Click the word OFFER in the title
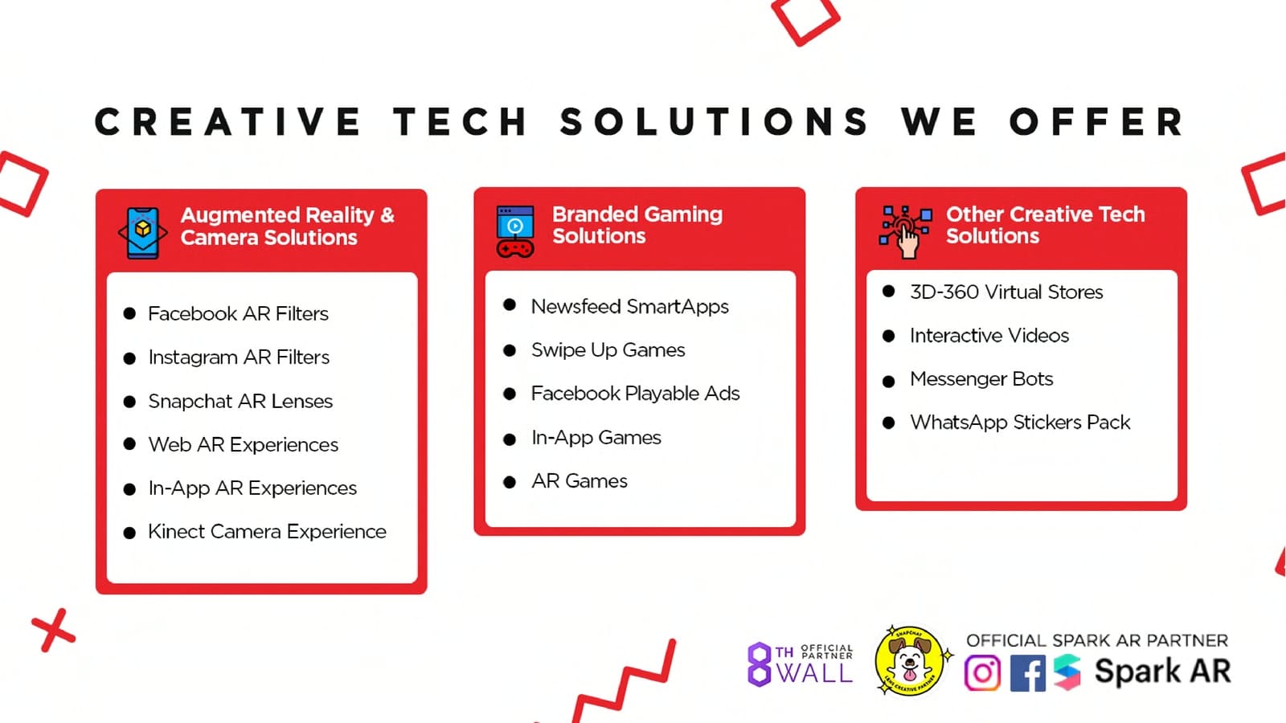pos(1096,121)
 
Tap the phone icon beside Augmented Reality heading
pos(143,233)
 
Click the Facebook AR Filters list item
pos(238,314)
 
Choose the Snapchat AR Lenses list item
pos(240,401)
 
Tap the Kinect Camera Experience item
pos(267,532)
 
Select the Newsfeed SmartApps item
pos(630,307)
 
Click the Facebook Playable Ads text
pos(636,394)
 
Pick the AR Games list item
pos(580,481)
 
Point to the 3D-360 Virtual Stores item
pos(1006,292)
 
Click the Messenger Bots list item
pos(981,379)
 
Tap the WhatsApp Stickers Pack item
pos(1020,423)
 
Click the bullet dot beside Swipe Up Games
pos(510,350)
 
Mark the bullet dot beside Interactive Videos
pos(888,337)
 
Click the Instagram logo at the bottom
pos(982,672)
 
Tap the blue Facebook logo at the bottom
pos(1028,672)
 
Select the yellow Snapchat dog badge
pos(910,660)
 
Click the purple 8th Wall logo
pos(800,664)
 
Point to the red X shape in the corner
pos(53,631)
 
